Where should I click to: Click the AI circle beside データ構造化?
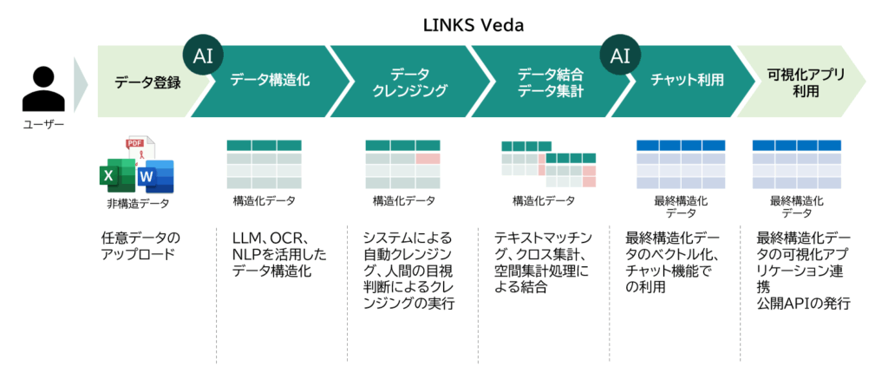pos(204,56)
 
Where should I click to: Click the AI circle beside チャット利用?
pos(620,56)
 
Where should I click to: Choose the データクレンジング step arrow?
pos(408,82)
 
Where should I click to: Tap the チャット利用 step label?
pos(688,82)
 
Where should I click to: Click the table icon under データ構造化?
pos(264,164)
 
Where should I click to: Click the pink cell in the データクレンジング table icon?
pos(428,159)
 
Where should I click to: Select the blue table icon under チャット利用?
pos(681,164)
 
